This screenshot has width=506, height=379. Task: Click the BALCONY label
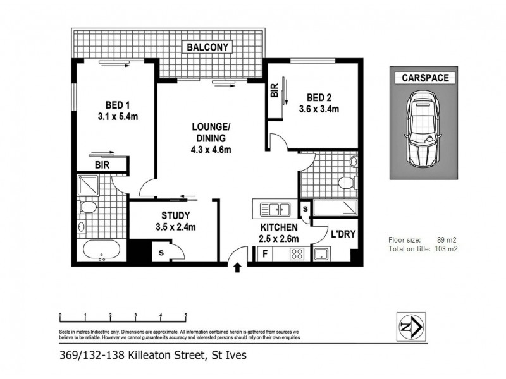[207, 47]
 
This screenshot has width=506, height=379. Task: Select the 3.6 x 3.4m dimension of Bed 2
[319, 109]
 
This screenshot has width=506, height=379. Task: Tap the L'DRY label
[342, 234]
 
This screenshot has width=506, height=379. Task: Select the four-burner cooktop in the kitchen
[297, 255]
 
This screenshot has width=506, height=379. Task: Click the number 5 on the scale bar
[185, 314]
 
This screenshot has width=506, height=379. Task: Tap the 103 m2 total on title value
[445, 249]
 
